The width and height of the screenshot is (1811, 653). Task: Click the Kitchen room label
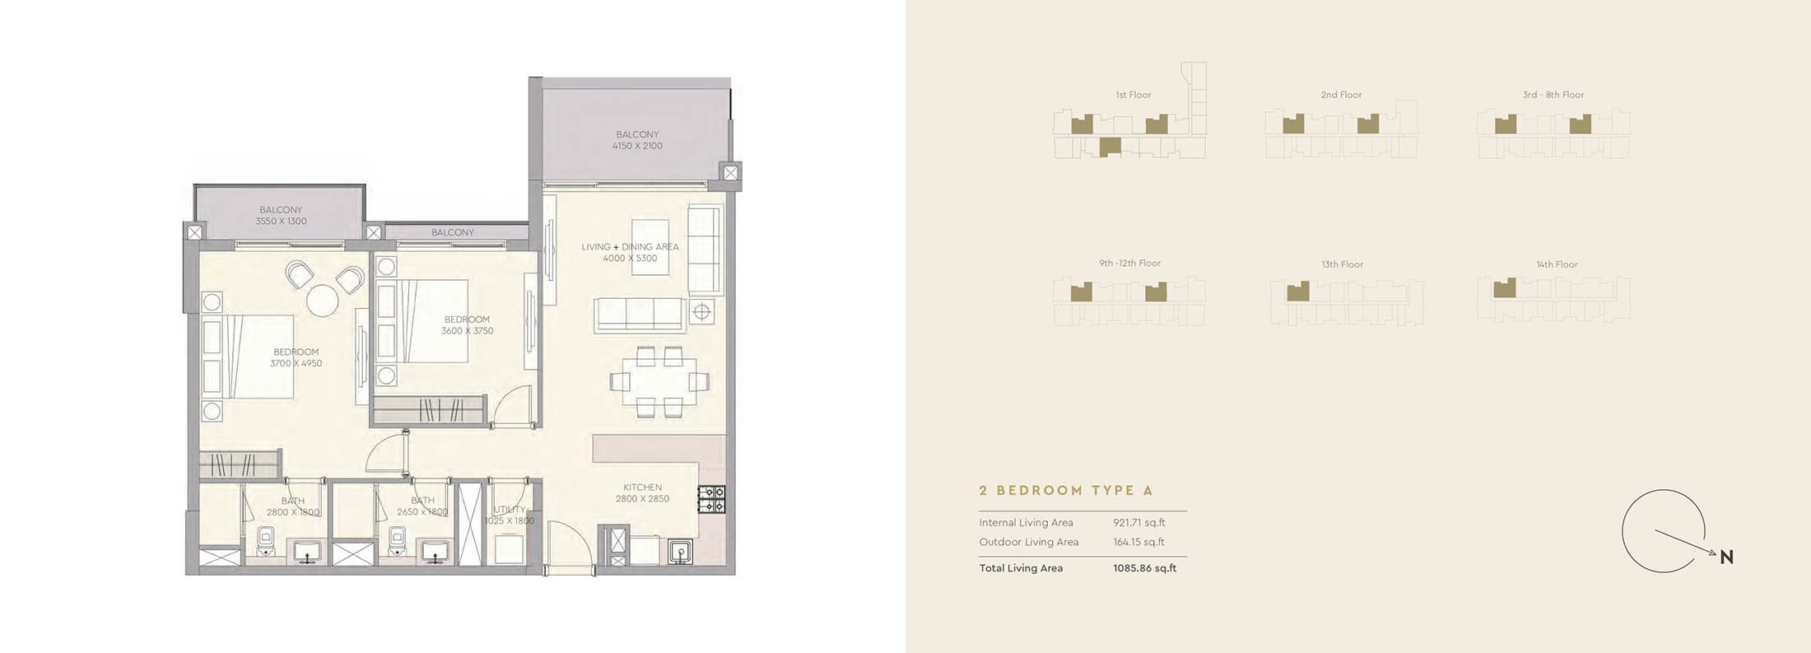coord(642,487)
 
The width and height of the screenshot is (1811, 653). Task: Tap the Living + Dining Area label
coord(630,247)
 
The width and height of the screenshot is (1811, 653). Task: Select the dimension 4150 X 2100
coord(637,146)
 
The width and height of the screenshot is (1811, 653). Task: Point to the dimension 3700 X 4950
coord(296,363)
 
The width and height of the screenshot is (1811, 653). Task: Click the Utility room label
coord(509,510)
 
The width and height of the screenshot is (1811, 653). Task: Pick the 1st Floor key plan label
coord(1134,95)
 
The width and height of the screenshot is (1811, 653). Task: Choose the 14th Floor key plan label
coord(1557,264)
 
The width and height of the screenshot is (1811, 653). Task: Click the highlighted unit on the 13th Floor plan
coord(1298,292)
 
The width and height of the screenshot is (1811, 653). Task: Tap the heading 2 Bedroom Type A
coord(1066,491)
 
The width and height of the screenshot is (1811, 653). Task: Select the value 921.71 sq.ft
coord(1139,522)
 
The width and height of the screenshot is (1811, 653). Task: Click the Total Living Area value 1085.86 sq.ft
coord(1144,568)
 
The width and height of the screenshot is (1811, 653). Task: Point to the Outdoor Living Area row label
coord(1028,542)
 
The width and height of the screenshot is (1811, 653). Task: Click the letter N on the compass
coord(1726,557)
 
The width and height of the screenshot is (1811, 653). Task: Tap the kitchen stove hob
coord(711,499)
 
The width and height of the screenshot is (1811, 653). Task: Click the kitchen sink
coord(679,551)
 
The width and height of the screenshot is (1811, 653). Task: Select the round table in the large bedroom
coord(322,300)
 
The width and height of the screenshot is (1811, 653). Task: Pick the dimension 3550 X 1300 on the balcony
coord(281,222)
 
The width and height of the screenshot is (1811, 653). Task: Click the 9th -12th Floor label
coord(1129,264)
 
